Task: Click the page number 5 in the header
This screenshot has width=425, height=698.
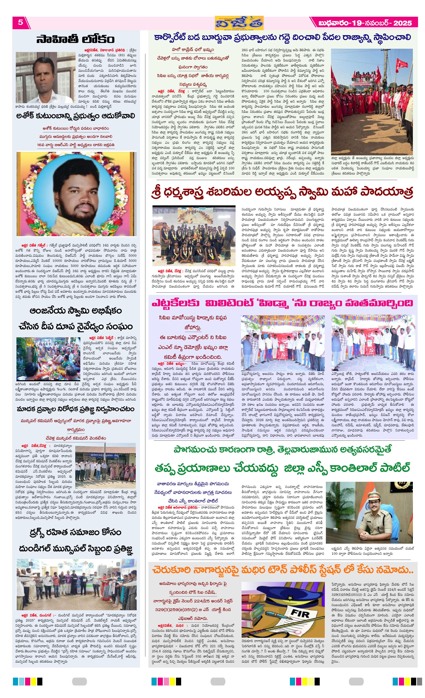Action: pos(20,22)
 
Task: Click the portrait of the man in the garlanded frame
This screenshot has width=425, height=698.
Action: pos(76,194)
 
